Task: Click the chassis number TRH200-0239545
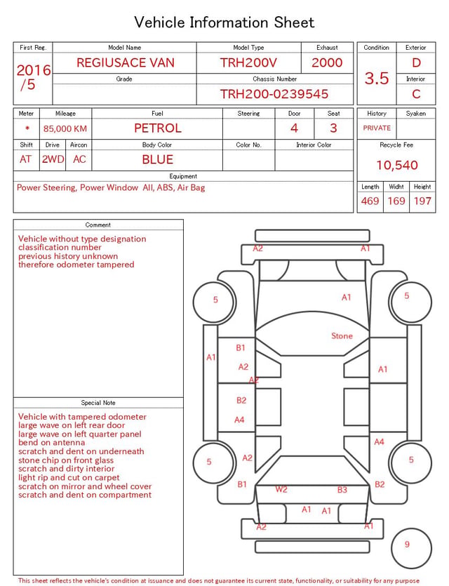click(274, 94)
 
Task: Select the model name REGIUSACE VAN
click(126, 62)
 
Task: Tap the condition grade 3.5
click(377, 79)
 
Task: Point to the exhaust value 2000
click(327, 62)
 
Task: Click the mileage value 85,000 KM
click(65, 129)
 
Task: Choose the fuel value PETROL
click(158, 128)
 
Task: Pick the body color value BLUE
click(158, 159)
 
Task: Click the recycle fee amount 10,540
click(396, 165)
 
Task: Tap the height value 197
click(422, 201)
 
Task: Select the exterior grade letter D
click(416, 62)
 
